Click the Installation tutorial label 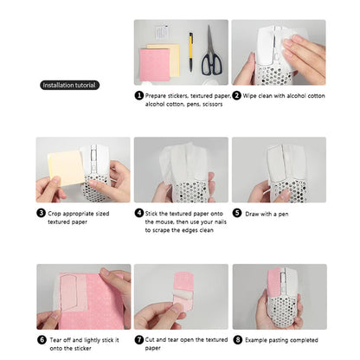point(71,85)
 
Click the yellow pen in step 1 point(190,50)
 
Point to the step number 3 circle point(41,212)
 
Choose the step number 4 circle point(138,212)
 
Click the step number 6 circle point(41,339)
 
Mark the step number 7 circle point(138,339)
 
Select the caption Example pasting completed point(282,339)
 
